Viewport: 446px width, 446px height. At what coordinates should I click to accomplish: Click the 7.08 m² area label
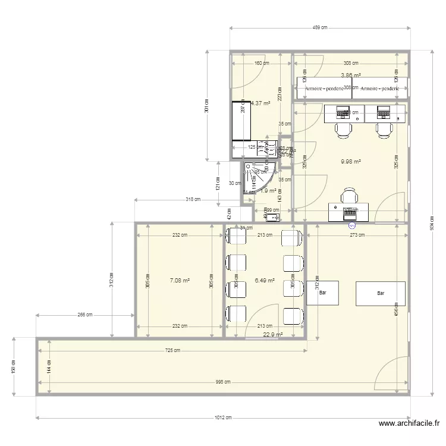179,280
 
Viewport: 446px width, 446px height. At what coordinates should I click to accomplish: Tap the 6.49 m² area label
265,281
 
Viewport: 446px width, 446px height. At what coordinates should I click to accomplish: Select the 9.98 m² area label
351,161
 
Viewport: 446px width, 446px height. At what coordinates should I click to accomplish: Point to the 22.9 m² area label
272,335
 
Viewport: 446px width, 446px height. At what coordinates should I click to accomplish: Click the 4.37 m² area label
260,103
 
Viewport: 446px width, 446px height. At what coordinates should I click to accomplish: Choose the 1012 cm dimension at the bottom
223,417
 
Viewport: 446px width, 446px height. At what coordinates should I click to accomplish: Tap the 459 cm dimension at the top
320,27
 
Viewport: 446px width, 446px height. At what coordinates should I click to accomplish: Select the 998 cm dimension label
223,382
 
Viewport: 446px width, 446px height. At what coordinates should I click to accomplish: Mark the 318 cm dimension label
192,200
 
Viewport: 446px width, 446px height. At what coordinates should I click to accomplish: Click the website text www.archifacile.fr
409,424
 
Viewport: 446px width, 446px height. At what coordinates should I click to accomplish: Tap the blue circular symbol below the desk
351,225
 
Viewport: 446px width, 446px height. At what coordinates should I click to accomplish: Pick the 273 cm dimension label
357,234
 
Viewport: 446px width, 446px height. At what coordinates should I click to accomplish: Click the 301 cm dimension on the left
206,106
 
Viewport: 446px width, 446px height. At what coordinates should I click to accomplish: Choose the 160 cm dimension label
260,62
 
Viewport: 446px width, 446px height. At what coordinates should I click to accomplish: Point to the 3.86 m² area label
351,76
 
